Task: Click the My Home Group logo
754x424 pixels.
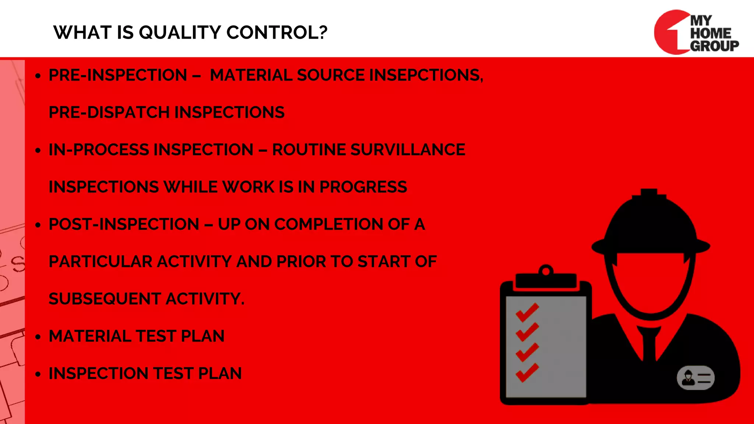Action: tap(696, 32)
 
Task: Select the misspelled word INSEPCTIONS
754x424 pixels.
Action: tap(426, 75)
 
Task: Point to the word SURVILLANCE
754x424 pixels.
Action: tap(408, 150)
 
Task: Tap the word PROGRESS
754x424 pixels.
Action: tap(363, 187)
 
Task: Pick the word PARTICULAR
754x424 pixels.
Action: tap(101, 262)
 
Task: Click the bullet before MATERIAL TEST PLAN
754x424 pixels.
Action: tap(38, 337)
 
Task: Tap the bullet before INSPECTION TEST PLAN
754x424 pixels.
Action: tap(38, 374)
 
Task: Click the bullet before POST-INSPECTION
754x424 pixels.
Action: tap(38, 225)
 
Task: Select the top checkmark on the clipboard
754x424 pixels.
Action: tap(527, 312)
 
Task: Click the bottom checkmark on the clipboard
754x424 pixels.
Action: tap(527, 372)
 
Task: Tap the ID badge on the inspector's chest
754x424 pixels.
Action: tap(695, 378)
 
